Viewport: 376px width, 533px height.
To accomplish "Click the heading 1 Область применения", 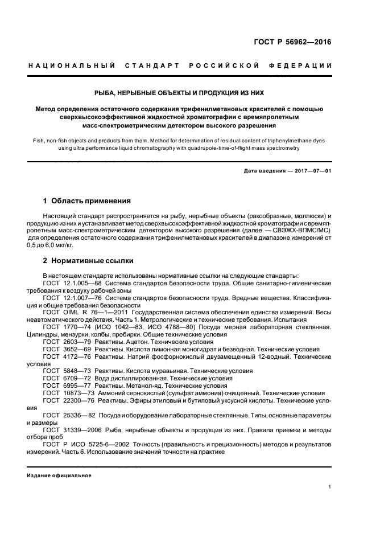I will [87, 201].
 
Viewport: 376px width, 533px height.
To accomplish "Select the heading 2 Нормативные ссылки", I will [88, 261].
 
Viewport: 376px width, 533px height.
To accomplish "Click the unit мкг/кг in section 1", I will [63, 245].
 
